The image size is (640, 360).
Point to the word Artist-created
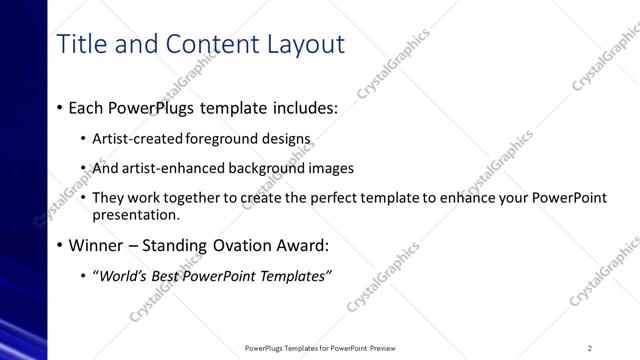click(x=132, y=139)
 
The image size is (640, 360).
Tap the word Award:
click(x=301, y=245)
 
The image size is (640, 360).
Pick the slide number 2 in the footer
click(x=590, y=348)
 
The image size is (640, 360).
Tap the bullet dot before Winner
click(x=61, y=245)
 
